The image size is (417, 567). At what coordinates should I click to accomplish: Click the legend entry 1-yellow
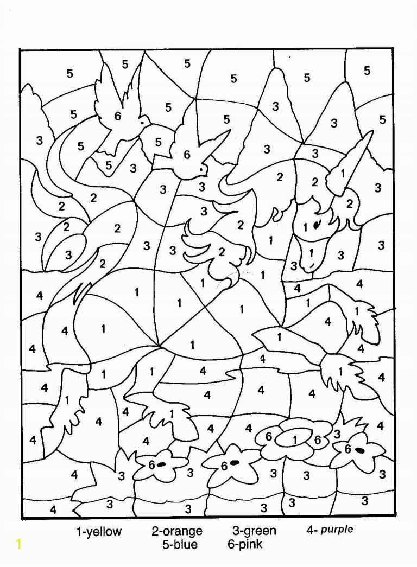[98, 532]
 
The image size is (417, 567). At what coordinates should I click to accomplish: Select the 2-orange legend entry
[176, 532]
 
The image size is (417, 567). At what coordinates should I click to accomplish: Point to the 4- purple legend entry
[329, 530]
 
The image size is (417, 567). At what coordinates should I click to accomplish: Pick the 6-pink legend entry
[246, 544]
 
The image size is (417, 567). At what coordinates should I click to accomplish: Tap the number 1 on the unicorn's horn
[343, 173]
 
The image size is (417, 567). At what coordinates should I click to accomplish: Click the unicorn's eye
[319, 222]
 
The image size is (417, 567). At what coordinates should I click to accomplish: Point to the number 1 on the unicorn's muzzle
[311, 253]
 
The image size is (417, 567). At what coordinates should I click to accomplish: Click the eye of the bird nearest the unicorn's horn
[202, 169]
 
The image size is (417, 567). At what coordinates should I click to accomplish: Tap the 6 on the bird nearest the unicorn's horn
[187, 155]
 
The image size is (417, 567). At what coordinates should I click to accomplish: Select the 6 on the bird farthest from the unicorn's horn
[118, 116]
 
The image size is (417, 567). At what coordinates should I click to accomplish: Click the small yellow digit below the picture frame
[20, 545]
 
